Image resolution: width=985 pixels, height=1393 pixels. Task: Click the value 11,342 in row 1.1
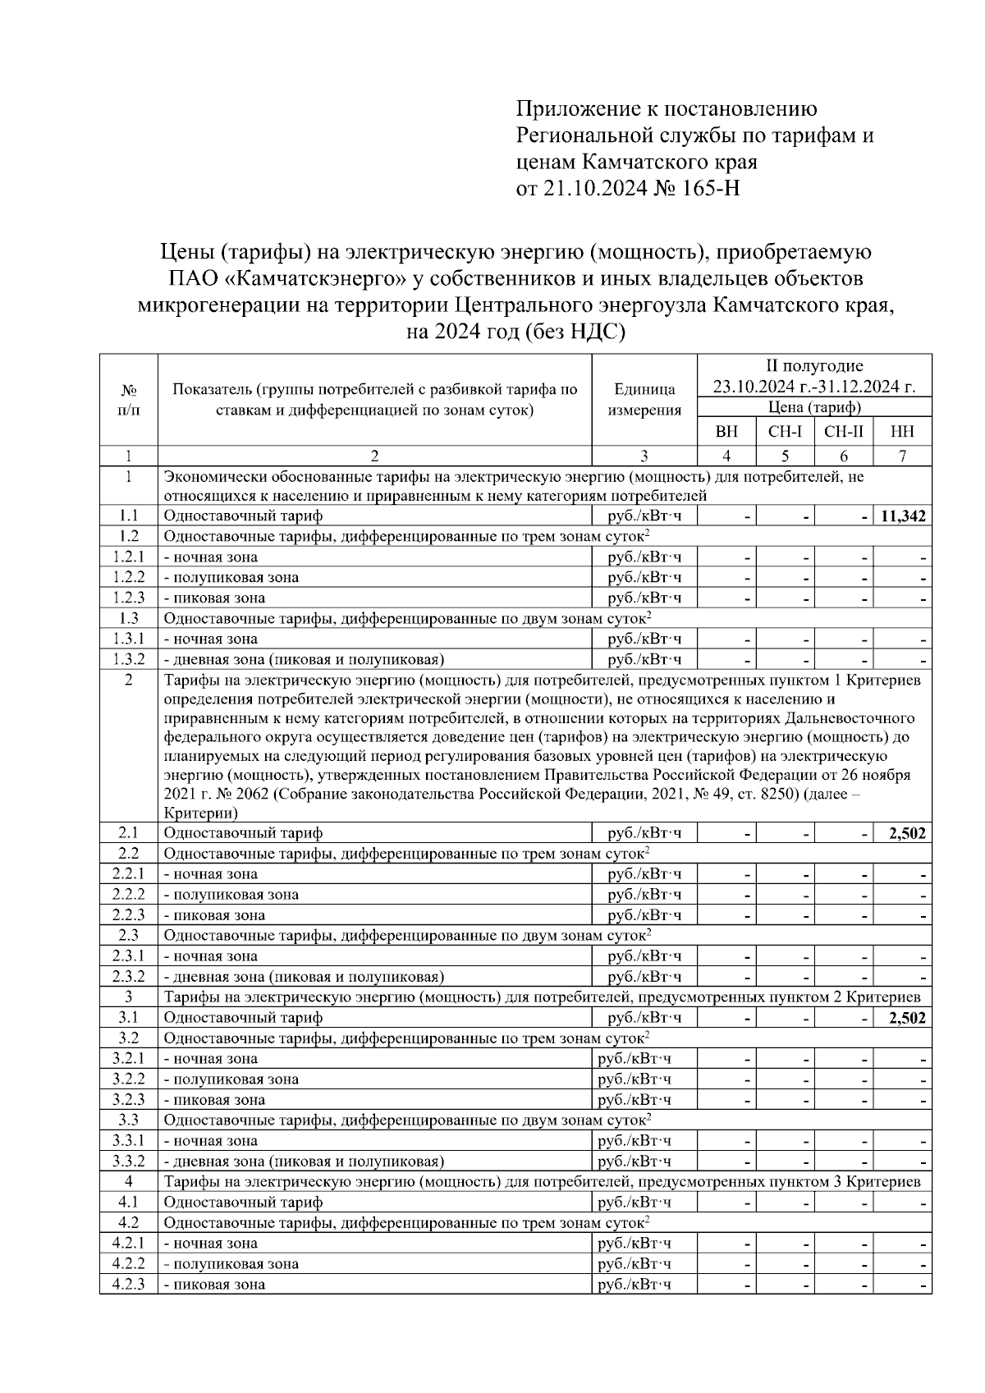point(902,516)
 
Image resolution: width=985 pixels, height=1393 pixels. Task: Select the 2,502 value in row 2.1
point(907,833)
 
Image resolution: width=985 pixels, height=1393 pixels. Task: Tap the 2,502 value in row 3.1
point(907,1018)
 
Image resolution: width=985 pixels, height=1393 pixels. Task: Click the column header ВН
point(726,431)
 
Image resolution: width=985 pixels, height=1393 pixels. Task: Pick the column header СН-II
point(843,431)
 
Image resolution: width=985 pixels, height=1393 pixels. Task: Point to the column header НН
point(902,431)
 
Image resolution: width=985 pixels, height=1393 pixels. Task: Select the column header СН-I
point(785,431)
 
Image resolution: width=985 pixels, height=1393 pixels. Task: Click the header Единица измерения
point(644,400)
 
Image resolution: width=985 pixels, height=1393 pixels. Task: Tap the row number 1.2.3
point(128,598)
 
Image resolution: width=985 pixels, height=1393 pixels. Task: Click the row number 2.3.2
point(128,977)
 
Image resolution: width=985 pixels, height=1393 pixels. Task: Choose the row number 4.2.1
point(128,1243)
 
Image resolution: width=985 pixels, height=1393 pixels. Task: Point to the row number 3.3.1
point(128,1140)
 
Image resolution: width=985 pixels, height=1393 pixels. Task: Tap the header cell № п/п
point(128,400)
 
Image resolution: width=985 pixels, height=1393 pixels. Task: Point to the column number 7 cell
point(902,456)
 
